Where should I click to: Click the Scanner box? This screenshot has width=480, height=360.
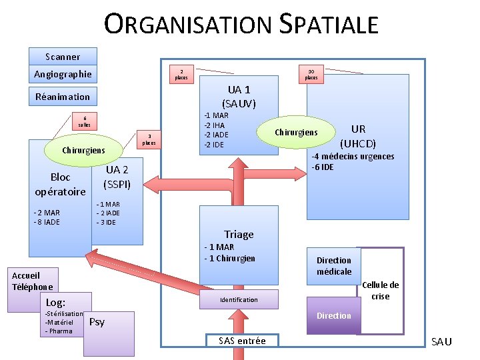63,57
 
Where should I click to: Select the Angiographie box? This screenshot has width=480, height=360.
63,74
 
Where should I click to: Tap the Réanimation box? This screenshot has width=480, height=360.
63,97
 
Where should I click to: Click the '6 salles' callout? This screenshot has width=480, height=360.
84,121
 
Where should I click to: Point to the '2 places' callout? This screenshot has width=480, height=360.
181,74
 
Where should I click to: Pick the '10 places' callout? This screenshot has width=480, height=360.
311,74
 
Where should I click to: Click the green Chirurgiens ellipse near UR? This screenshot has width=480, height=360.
296,131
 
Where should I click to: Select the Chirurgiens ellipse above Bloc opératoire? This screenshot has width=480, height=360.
83,150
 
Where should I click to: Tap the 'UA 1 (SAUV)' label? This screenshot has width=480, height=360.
239,96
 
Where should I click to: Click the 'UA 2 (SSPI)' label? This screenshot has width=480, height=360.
117,177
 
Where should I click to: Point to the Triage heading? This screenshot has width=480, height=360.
239,234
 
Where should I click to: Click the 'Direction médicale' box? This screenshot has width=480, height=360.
333,265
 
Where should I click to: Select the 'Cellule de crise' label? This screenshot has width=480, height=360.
381,290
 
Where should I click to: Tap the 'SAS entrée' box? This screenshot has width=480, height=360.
242,341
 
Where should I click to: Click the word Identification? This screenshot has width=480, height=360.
239,299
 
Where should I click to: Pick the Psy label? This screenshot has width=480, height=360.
97,322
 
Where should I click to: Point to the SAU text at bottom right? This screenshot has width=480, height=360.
441,342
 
